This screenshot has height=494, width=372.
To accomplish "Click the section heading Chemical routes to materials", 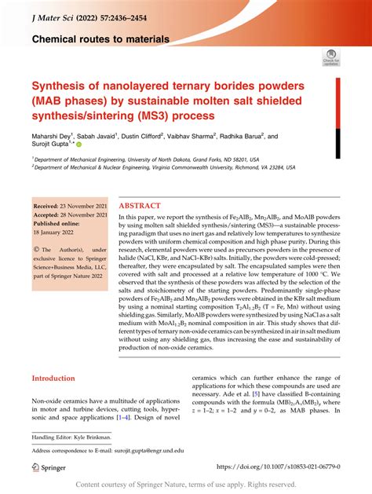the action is [x=100, y=38].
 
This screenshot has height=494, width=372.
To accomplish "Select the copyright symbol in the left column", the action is [x=36, y=251].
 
